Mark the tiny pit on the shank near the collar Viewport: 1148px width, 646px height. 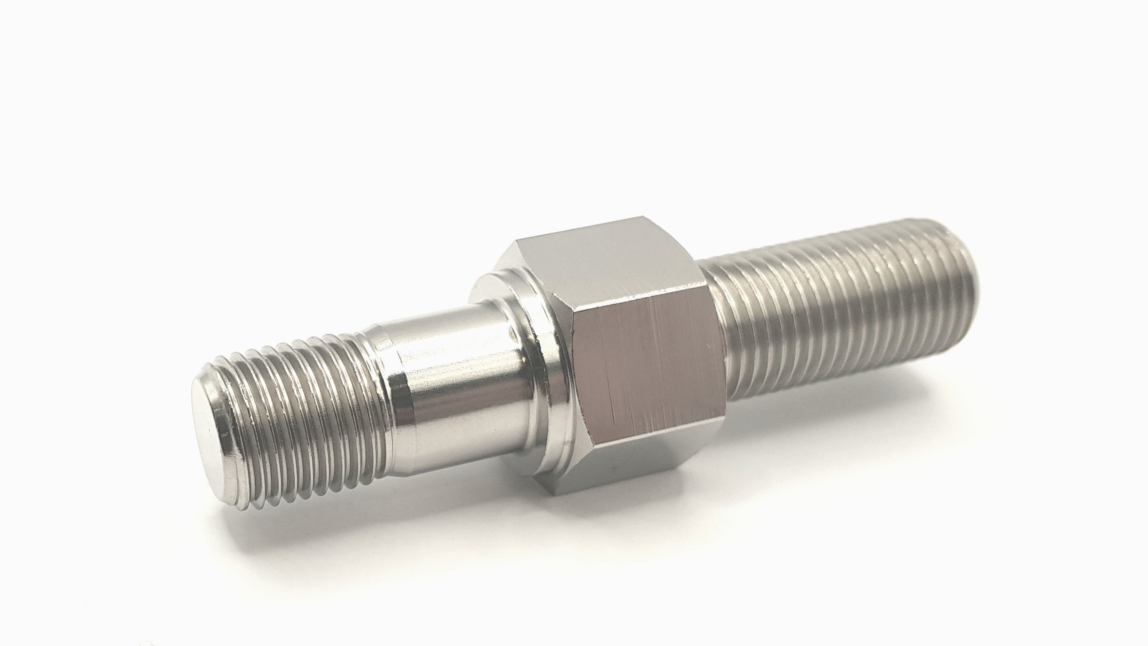pyautogui.click(x=511, y=335)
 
